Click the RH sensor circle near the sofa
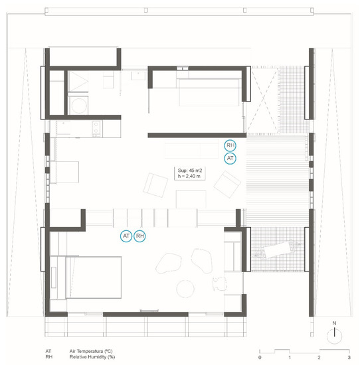click(x=230, y=145)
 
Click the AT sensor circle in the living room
click(x=230, y=159)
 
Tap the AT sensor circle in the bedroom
click(x=126, y=236)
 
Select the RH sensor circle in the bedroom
click(x=139, y=236)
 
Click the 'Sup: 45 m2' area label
click(x=190, y=171)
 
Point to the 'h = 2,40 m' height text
click(x=189, y=177)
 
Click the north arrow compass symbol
click(x=334, y=336)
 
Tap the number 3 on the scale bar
click(x=349, y=357)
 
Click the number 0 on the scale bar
click(x=260, y=357)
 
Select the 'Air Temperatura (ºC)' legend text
click(x=91, y=351)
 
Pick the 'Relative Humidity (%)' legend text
click(x=92, y=357)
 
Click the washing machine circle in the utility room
click(x=79, y=106)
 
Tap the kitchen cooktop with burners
click(x=96, y=129)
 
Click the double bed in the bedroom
click(x=93, y=277)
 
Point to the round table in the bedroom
click(x=185, y=289)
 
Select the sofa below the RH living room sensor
click(x=191, y=149)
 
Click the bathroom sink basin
click(x=138, y=76)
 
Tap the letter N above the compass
click(x=334, y=323)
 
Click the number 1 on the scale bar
click(x=290, y=357)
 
